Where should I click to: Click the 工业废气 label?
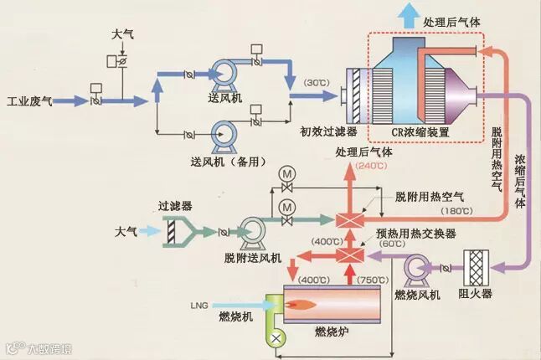point(29,101)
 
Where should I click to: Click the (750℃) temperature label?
point(375,279)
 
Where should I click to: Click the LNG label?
point(199,303)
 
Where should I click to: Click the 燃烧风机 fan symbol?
point(416,269)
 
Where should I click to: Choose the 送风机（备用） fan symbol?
point(224,131)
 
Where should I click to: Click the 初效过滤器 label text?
point(329,132)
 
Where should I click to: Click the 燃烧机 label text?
point(234,316)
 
